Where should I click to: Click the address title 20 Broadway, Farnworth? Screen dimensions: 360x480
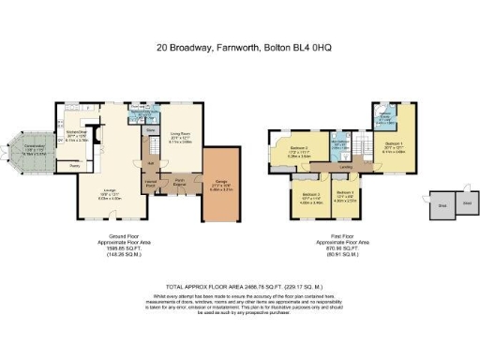(240, 45)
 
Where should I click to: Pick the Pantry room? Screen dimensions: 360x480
(65, 168)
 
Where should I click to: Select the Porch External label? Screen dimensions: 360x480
(175, 184)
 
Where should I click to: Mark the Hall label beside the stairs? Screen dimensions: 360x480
(150, 162)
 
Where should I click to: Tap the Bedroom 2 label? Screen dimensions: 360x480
(299, 151)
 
